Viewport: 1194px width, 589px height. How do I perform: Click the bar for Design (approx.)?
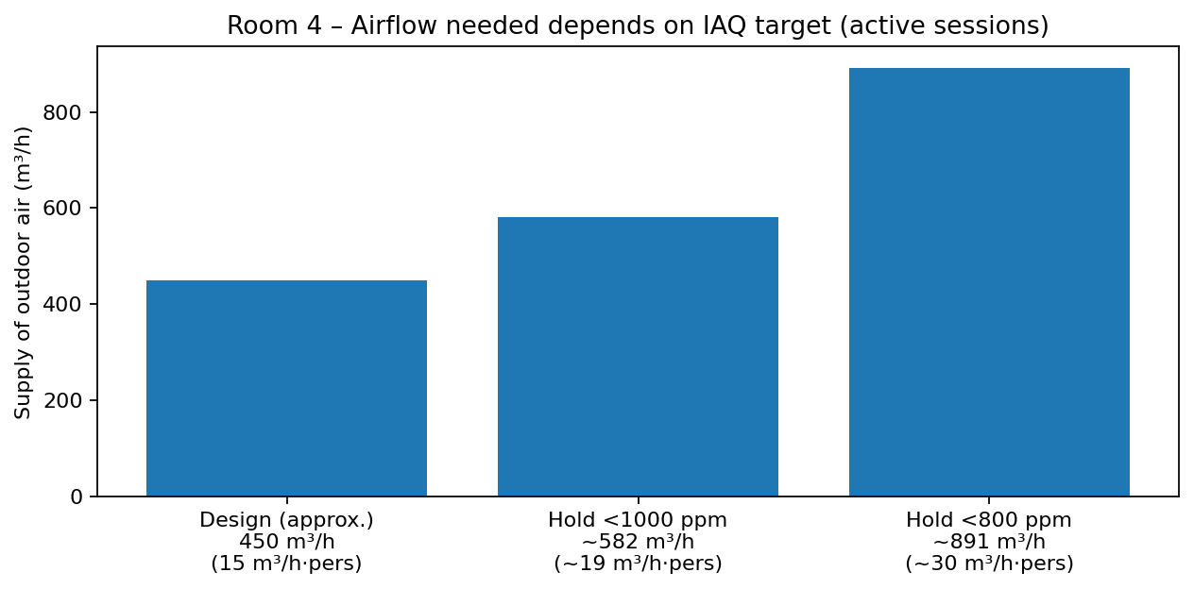click(x=286, y=388)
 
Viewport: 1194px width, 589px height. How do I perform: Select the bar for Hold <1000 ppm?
click(x=638, y=357)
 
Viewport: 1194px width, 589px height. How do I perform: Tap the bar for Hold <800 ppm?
click(x=989, y=282)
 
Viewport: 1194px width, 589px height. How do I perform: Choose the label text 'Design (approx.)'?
click(x=286, y=520)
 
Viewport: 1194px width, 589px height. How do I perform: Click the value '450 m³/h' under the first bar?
click(x=286, y=542)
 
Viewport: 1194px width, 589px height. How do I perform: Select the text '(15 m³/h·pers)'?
click(x=286, y=564)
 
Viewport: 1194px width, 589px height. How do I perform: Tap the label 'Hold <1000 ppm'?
click(x=638, y=520)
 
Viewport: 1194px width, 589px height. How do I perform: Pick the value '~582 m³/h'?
click(x=638, y=542)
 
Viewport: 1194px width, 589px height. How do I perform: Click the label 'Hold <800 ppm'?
click(x=989, y=520)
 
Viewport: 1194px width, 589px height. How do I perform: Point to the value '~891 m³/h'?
click(x=989, y=542)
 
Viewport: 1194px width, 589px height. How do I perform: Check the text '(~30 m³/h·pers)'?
click(x=989, y=564)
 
